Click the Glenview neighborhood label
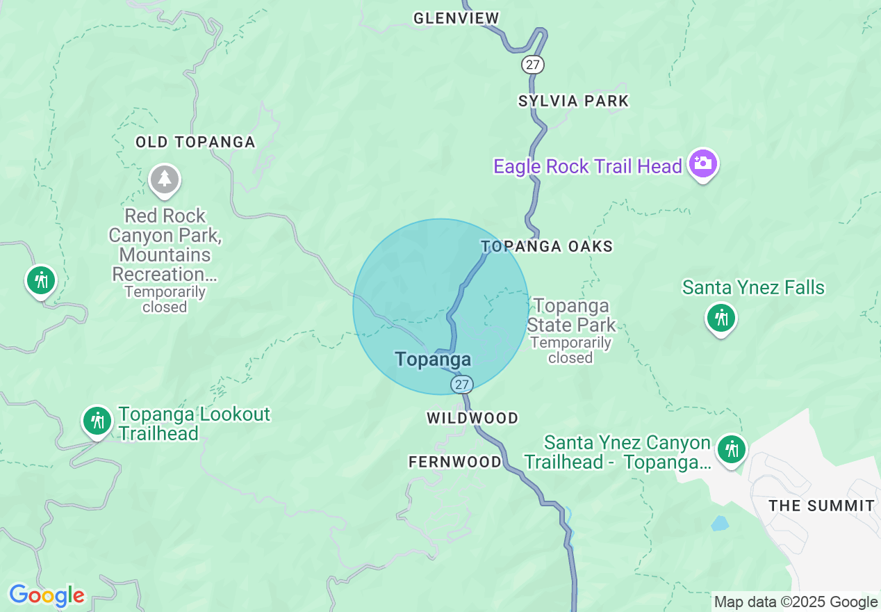tap(456, 18)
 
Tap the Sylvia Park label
tap(573, 101)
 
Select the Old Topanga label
tap(195, 142)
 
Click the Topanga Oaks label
tap(547, 246)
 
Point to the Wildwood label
tap(472, 418)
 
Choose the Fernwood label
tap(454, 462)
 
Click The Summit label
tap(821, 506)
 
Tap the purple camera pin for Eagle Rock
tap(703, 164)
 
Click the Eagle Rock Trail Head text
tap(588, 166)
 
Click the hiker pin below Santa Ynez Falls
tap(721, 319)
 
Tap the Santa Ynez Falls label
tap(753, 287)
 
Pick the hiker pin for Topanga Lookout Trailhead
tap(97, 421)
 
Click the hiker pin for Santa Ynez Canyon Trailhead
tap(731, 449)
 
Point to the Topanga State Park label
tap(571, 315)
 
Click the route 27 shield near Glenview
tap(532, 65)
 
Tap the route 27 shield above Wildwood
tap(461, 384)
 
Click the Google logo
tap(47, 595)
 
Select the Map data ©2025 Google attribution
tap(796, 602)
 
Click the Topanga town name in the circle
tap(433, 360)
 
